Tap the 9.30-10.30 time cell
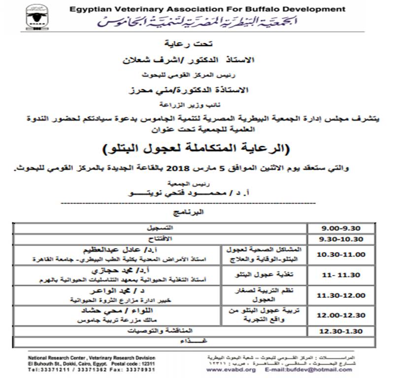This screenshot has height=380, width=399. point(341,239)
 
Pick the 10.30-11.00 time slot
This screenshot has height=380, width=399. point(341,254)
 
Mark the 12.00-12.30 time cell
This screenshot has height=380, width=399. point(341,315)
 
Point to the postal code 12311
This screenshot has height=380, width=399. point(147,363)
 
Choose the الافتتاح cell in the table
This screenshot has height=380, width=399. point(161,239)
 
